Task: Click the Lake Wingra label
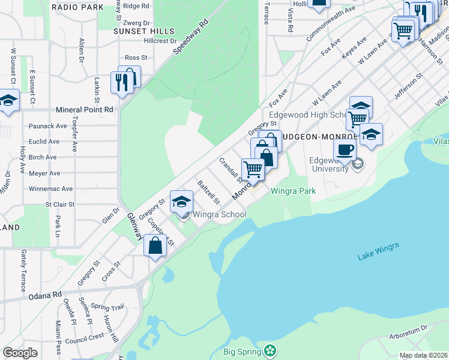pyautogui.click(x=378, y=251)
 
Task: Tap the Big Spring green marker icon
pyautogui.click(x=271, y=350)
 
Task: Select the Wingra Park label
pyautogui.click(x=294, y=192)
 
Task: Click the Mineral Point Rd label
pyautogui.click(x=84, y=110)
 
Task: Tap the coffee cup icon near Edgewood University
pyautogui.click(x=345, y=149)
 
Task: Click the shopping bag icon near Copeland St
pyautogui.click(x=155, y=245)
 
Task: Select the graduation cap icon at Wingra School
pyautogui.click(x=181, y=201)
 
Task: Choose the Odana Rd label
pyautogui.click(x=45, y=296)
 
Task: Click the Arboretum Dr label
pyautogui.click(x=407, y=328)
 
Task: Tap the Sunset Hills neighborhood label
pyautogui.click(x=145, y=31)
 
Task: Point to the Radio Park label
pyautogui.click(x=77, y=7)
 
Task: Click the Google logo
pyautogui.click(x=20, y=353)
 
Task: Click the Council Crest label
pyautogui.click(x=85, y=338)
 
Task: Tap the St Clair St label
pyautogui.click(x=60, y=205)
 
